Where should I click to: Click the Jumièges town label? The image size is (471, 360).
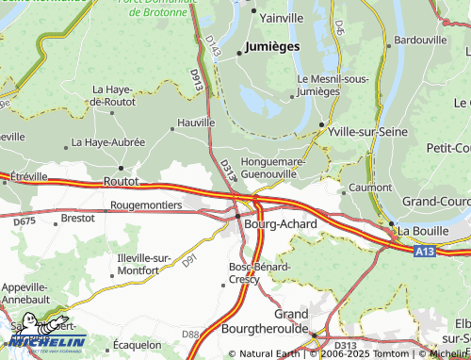coord(272,45)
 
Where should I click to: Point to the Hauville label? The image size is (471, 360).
coord(197,122)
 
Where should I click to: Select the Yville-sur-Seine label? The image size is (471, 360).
coord(367,132)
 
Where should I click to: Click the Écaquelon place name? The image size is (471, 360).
coord(137,345)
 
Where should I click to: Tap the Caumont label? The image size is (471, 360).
coord(370,188)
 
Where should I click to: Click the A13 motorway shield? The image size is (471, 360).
coord(424,252)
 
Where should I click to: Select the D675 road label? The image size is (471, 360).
coord(24,221)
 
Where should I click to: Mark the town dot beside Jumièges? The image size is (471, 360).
coord(238,53)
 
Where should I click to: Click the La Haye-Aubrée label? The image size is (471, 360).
coord(108,142)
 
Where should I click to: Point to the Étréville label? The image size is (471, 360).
coord(28,176)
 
